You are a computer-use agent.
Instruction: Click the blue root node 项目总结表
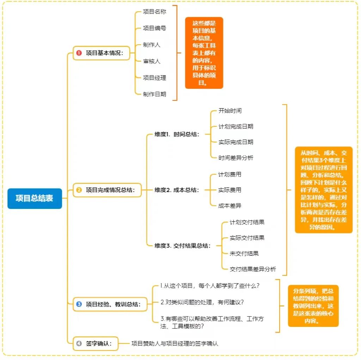[35, 198]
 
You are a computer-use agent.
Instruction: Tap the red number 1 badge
[79, 53]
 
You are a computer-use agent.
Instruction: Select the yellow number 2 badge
[79, 190]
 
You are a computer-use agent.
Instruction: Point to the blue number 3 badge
[79, 304]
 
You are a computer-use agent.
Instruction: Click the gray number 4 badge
[79, 343]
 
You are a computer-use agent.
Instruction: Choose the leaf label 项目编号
[154, 28]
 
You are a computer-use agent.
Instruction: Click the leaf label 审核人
[152, 61]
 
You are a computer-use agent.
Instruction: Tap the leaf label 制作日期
[154, 94]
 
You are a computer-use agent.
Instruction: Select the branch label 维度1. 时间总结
[177, 134]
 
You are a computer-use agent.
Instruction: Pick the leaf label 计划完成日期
[235, 126]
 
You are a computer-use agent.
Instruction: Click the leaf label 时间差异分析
[235, 158]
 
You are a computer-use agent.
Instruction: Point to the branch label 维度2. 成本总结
[177, 190]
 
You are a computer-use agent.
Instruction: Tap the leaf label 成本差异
[230, 206]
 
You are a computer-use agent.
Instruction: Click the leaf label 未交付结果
[244, 254]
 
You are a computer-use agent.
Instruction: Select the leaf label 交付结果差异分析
[253, 269]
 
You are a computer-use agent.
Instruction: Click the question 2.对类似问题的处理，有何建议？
[202, 302]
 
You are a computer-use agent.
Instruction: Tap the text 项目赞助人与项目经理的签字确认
[175, 343]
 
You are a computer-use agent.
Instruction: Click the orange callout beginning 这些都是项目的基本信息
[204, 53]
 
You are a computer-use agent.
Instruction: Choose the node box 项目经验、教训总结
[110, 304]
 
